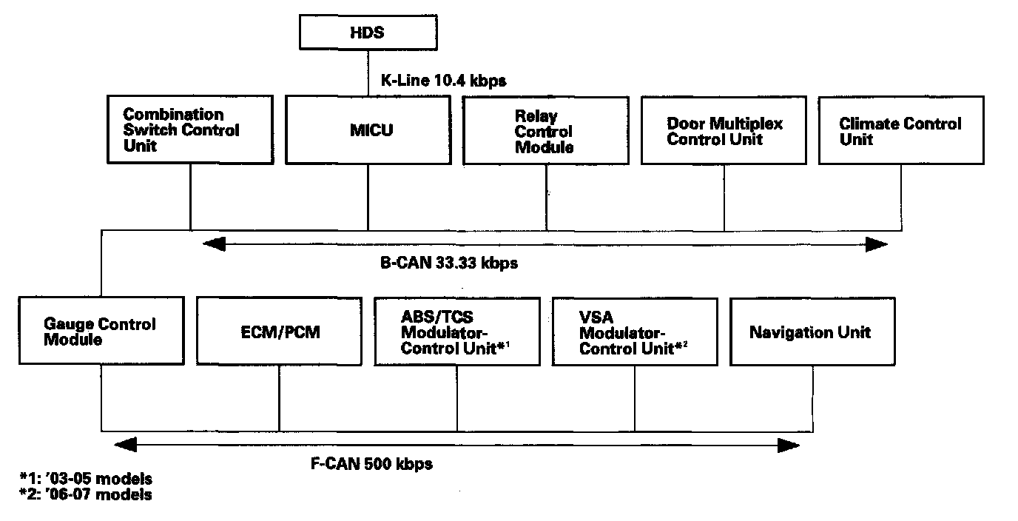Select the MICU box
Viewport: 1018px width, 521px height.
pyautogui.click(x=368, y=130)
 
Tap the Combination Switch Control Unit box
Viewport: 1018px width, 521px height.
pyautogui.click(x=190, y=130)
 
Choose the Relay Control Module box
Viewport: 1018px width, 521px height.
pyautogui.click(x=546, y=130)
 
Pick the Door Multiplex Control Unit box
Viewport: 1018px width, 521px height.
pyautogui.click(x=724, y=130)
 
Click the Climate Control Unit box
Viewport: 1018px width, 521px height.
pyautogui.click(x=900, y=130)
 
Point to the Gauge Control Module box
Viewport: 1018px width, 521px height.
pyautogui.click(x=101, y=331)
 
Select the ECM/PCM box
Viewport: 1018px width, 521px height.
pyautogui.click(x=279, y=331)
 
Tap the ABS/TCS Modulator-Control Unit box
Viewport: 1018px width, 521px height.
pyautogui.click(x=456, y=331)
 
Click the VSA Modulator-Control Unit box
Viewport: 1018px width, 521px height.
pyautogui.click(x=634, y=331)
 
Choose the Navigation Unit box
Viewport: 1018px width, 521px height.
pyautogui.click(x=812, y=331)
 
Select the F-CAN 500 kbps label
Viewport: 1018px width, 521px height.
pyautogui.click(x=371, y=464)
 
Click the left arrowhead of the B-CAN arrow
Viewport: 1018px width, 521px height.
pyautogui.click(x=213, y=244)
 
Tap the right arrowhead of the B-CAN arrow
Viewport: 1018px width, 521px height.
pyautogui.click(x=878, y=244)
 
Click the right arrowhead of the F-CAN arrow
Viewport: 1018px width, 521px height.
pyautogui.click(x=789, y=445)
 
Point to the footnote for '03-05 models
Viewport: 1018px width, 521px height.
pyautogui.click(x=86, y=479)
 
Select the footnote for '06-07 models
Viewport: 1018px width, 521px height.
pyautogui.click(x=86, y=494)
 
